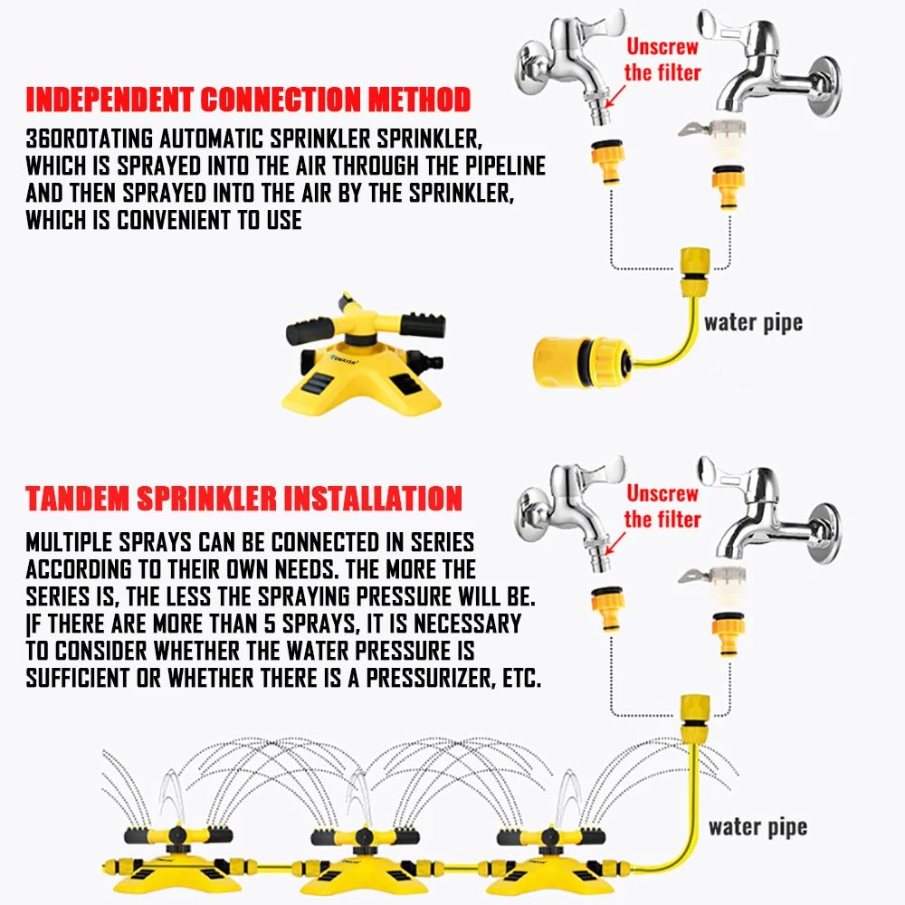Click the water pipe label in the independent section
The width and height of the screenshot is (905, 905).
[753, 322]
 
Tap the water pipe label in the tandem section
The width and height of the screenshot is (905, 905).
[757, 826]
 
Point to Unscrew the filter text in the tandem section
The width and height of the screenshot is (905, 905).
[662, 507]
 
